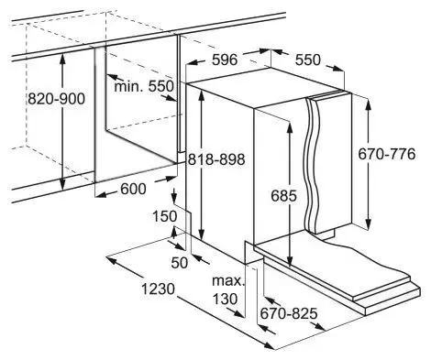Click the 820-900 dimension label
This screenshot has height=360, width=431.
tap(56, 99)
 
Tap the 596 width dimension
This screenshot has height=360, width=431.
tap(225, 60)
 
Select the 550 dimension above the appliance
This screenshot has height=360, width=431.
tap(308, 60)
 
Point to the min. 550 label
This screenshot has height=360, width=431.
tap(144, 86)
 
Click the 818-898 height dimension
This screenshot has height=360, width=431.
tap(216, 159)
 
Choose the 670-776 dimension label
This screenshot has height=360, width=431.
tap(387, 154)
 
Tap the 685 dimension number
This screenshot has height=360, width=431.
tap(283, 196)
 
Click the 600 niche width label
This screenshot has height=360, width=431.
tap(133, 189)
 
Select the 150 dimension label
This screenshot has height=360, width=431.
tap(165, 216)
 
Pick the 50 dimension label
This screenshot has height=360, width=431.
tap(180, 263)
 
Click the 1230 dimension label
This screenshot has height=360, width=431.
tap(158, 289)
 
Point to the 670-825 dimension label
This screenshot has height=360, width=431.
tap(289, 313)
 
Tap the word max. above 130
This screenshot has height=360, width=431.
tap(228, 280)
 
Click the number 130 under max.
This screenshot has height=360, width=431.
tap(225, 299)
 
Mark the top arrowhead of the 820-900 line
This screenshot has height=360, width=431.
tap(62, 58)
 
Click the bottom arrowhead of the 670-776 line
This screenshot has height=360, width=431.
tap(369, 224)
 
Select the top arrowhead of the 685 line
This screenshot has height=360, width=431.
tap(289, 125)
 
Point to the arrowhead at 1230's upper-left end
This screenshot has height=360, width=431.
tap(111, 260)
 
